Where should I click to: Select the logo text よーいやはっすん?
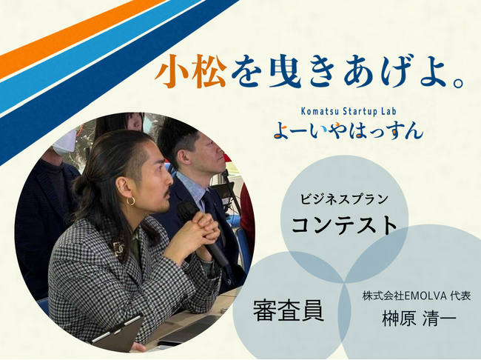tap(347, 131)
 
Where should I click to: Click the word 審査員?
tap(288, 308)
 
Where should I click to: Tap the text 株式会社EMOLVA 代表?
tap(416, 296)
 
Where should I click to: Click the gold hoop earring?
tap(130, 201)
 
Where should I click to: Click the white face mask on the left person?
tap(65, 141)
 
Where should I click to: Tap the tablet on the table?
tap(118, 333)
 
